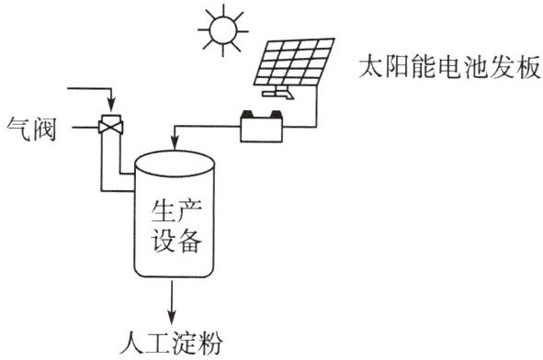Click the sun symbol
(223, 30)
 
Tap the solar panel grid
(294, 62)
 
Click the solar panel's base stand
(278, 93)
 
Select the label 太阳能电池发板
(449, 66)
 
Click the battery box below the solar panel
(262, 129)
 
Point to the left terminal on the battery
(248, 114)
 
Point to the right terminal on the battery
(276, 114)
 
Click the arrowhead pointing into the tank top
(175, 143)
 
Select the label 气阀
(31, 129)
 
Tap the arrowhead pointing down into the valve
(111, 103)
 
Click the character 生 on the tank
(162, 211)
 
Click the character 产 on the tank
(189, 211)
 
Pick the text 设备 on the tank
(175, 241)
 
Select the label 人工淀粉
(171, 343)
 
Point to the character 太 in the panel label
(370, 66)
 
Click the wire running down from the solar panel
(316, 107)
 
